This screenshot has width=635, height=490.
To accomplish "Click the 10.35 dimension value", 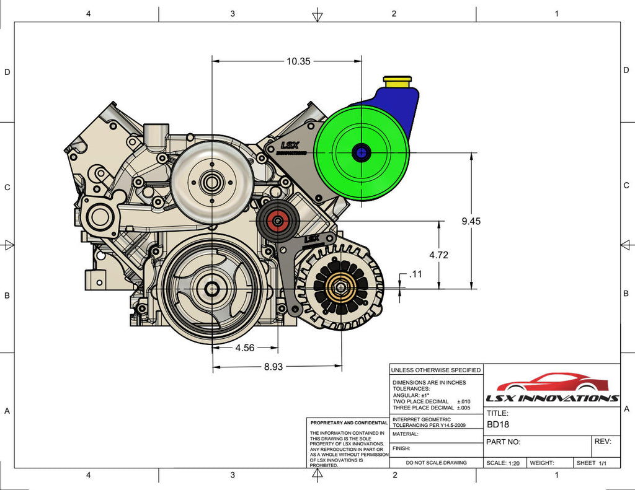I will click(298, 61).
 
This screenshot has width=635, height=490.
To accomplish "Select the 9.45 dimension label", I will click(471, 221).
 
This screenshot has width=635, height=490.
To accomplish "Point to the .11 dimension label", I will click(415, 273).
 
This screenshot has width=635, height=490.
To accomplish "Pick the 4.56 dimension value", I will click(245, 348).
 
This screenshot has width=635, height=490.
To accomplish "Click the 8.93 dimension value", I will click(273, 367).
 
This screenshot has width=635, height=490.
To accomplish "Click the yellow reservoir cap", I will click(397, 81).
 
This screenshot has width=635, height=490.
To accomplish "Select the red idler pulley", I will click(277, 220).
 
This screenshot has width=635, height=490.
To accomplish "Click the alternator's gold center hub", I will click(340, 288).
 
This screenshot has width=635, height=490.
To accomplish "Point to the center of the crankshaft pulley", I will click(212, 289).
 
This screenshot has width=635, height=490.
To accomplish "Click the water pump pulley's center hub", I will click(212, 183).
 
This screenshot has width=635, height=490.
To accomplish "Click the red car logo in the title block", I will click(552, 382).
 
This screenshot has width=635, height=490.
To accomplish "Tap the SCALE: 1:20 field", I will click(503, 463).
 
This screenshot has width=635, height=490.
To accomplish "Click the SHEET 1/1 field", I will click(592, 463).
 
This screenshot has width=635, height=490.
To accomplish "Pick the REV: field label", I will click(603, 442).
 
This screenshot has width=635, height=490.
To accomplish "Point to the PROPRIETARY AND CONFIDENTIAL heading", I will click(349, 422).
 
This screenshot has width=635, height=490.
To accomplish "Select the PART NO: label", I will click(504, 442).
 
